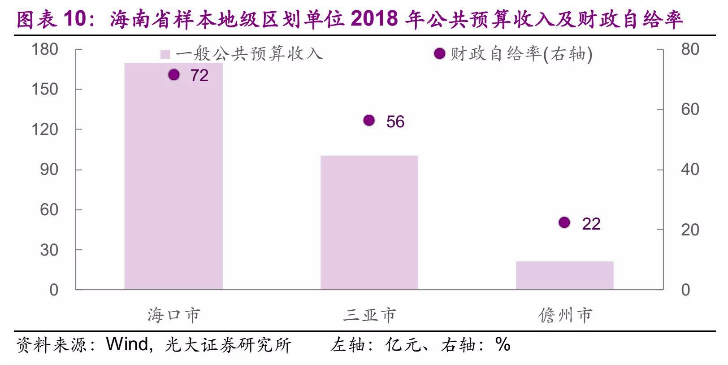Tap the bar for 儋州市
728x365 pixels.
[564, 275]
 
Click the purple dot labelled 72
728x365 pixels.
[174, 75]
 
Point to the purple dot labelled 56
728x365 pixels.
[369, 120]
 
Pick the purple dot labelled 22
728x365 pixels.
[564, 222]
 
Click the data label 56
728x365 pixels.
[395, 122]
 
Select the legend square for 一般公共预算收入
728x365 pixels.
[165, 54]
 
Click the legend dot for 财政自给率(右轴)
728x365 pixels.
[440, 54]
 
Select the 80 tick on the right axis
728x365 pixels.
[690, 49]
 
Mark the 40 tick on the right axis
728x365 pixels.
[690, 169]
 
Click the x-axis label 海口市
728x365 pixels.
[173, 315]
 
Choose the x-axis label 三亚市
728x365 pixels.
[369, 315]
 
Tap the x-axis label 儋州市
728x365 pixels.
[565, 315]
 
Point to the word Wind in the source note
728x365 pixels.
[127, 344]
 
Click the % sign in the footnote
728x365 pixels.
[503, 344]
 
